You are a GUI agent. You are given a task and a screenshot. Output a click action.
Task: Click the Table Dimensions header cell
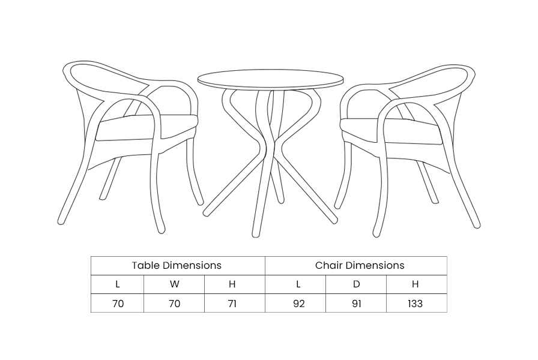click(177, 265)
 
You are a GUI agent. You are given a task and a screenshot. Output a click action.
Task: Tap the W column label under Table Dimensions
click(175, 284)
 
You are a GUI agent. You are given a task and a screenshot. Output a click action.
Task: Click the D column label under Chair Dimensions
click(357, 284)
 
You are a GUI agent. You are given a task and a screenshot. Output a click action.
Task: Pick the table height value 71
click(232, 304)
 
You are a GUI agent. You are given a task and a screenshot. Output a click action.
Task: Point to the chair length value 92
click(299, 304)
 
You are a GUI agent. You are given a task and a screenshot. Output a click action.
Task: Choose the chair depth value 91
click(357, 304)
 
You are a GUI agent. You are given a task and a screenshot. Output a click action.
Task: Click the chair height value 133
click(415, 304)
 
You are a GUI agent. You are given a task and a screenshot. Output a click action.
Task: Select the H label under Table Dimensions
click(232, 284)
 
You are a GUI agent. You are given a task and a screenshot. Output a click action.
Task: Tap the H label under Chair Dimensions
click(415, 284)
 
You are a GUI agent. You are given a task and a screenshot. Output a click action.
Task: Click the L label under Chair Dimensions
click(298, 284)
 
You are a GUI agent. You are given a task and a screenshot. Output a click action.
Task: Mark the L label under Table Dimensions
click(118, 284)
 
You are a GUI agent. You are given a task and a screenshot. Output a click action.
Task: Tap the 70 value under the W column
click(175, 304)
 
